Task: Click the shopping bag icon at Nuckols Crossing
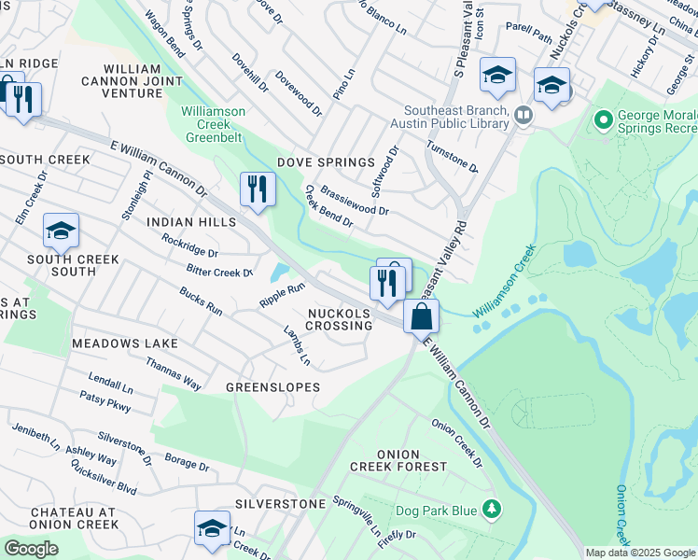point(422,315)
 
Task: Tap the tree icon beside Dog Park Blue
point(491,509)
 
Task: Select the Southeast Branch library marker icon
point(523,116)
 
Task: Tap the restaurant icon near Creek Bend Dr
point(256,189)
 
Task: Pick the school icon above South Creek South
point(61,230)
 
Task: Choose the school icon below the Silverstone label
point(212,527)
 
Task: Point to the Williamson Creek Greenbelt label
point(213,124)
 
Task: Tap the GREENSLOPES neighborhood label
point(272,386)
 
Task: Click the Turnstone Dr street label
point(452,156)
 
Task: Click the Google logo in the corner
point(31,549)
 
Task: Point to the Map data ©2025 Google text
point(640,553)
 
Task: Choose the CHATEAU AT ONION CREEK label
point(74,518)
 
